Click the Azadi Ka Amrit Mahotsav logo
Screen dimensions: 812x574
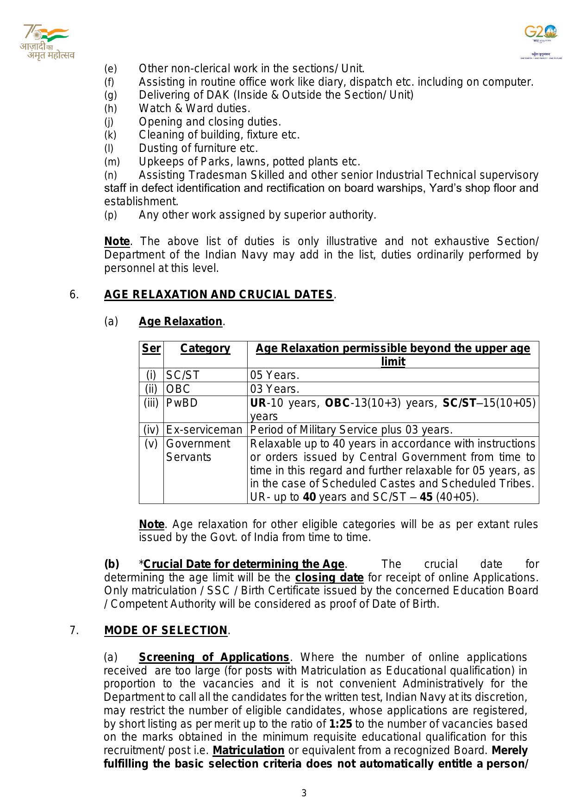coord(46,42)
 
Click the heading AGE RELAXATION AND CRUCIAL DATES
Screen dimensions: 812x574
coord(218,295)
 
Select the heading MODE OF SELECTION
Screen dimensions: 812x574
coord(166,630)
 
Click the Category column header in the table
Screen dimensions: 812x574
coord(205,348)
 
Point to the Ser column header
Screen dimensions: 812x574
coord(151,348)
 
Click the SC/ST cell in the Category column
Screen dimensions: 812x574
coord(183,375)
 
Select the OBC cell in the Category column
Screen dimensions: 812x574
coord(178,389)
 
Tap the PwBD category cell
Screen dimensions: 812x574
coord(182,403)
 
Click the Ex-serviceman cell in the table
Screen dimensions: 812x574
coord(204,430)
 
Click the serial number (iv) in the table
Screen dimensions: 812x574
coord(151,430)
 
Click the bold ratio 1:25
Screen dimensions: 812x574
coord(341,724)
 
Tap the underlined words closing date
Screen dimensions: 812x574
coord(329,578)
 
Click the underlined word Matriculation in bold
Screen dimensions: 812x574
coord(249,750)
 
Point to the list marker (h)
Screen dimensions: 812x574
coord(111,108)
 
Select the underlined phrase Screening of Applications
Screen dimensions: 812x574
coord(214,657)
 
